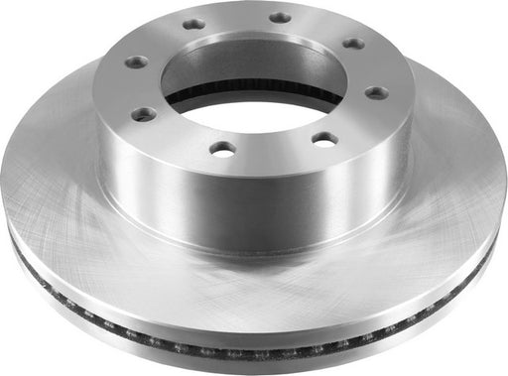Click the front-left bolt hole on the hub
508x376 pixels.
[224, 148]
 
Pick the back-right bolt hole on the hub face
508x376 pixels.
[281, 17]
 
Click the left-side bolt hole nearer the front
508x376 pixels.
[145, 114]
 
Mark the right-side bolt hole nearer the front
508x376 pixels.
[376, 92]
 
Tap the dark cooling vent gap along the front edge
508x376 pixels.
[248, 349]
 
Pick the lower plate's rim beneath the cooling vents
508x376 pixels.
[248, 363]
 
